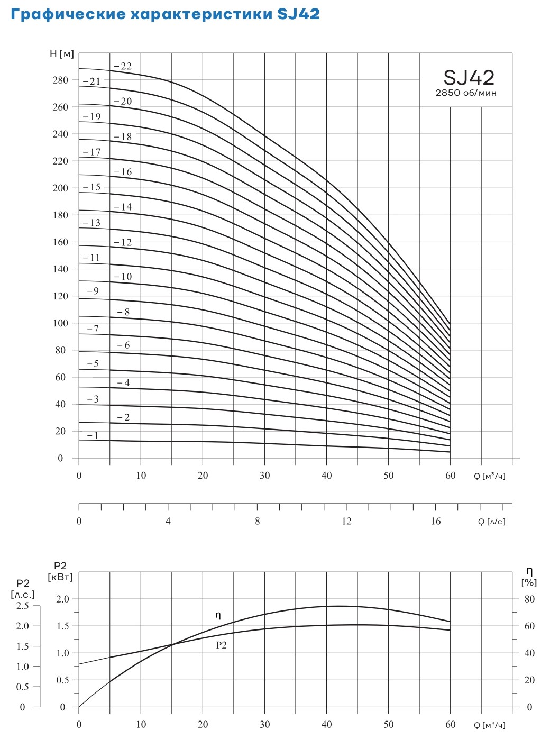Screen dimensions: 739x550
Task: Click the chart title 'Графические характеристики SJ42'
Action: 165,14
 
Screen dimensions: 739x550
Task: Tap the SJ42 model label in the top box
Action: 469,78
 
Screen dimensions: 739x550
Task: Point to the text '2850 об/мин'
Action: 466,93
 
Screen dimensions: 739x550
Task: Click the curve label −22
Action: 123,67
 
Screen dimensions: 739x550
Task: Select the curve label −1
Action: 93,436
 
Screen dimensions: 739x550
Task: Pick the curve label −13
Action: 92,223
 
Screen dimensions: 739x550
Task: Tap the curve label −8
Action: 123,312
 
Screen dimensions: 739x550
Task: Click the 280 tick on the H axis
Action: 61,80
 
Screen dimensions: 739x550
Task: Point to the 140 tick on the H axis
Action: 61,269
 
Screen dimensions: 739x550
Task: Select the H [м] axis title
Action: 62,54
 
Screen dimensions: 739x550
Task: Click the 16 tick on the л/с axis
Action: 435,522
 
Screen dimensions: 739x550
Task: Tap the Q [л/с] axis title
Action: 492,522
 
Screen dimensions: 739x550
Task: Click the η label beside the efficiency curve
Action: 218,615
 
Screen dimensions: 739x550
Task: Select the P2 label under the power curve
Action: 221,645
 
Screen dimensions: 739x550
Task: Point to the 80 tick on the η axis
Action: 529,599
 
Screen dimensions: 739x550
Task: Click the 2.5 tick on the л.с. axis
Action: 23,606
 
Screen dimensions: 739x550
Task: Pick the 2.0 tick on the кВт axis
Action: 63,599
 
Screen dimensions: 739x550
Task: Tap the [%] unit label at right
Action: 529,583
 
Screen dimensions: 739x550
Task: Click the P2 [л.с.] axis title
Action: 23,589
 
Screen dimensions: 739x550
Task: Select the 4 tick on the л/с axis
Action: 168,522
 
